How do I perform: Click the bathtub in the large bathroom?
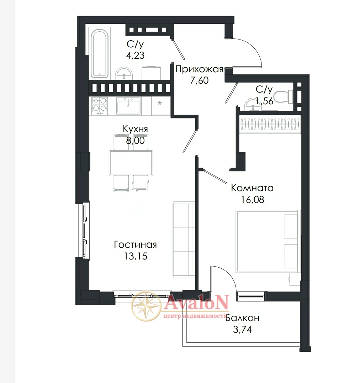100,53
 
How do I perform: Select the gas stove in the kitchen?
99,106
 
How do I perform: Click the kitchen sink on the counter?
129,106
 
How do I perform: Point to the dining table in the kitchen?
131,162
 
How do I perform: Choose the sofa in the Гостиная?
184,240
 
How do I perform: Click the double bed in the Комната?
268,241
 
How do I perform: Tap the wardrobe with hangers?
270,124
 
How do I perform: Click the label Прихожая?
199,69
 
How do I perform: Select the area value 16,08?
253,200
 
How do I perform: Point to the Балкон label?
242,318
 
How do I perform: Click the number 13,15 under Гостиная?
136,256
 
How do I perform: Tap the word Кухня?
135,129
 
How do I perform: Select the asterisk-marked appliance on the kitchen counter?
160,106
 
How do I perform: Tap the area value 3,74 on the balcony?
242,330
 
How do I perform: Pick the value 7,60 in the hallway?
199,80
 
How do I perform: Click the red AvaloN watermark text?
196,303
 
